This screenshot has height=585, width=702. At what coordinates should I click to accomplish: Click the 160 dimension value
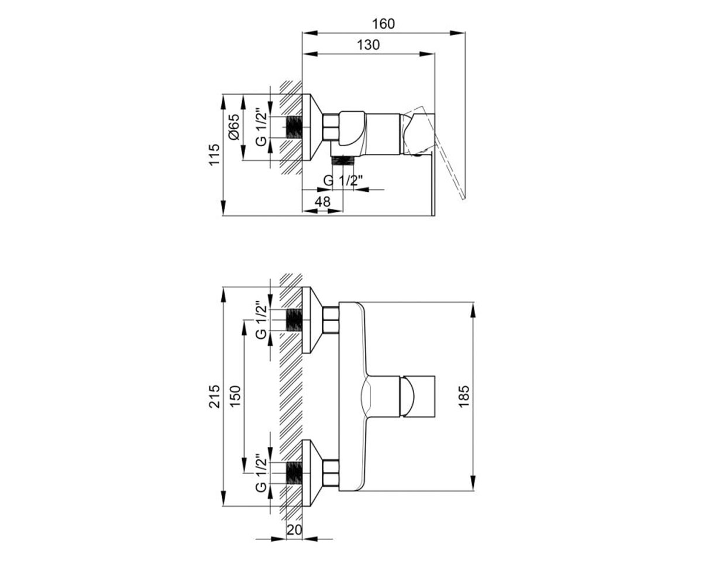pos(383,24)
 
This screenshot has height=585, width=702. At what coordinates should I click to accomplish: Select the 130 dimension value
pos(368,44)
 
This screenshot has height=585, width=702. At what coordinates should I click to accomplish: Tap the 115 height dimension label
pos(214,154)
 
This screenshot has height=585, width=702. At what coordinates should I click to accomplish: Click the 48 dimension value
pos(322,202)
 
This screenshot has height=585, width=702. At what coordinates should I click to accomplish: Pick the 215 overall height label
pos(214,397)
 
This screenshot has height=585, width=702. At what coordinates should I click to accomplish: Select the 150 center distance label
pos(235,397)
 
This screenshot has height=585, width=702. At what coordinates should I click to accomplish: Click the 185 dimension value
pos(464,397)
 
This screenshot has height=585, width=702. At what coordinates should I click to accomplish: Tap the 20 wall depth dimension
pos(294,530)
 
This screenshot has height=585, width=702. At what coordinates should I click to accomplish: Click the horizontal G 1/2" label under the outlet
pos(343,181)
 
